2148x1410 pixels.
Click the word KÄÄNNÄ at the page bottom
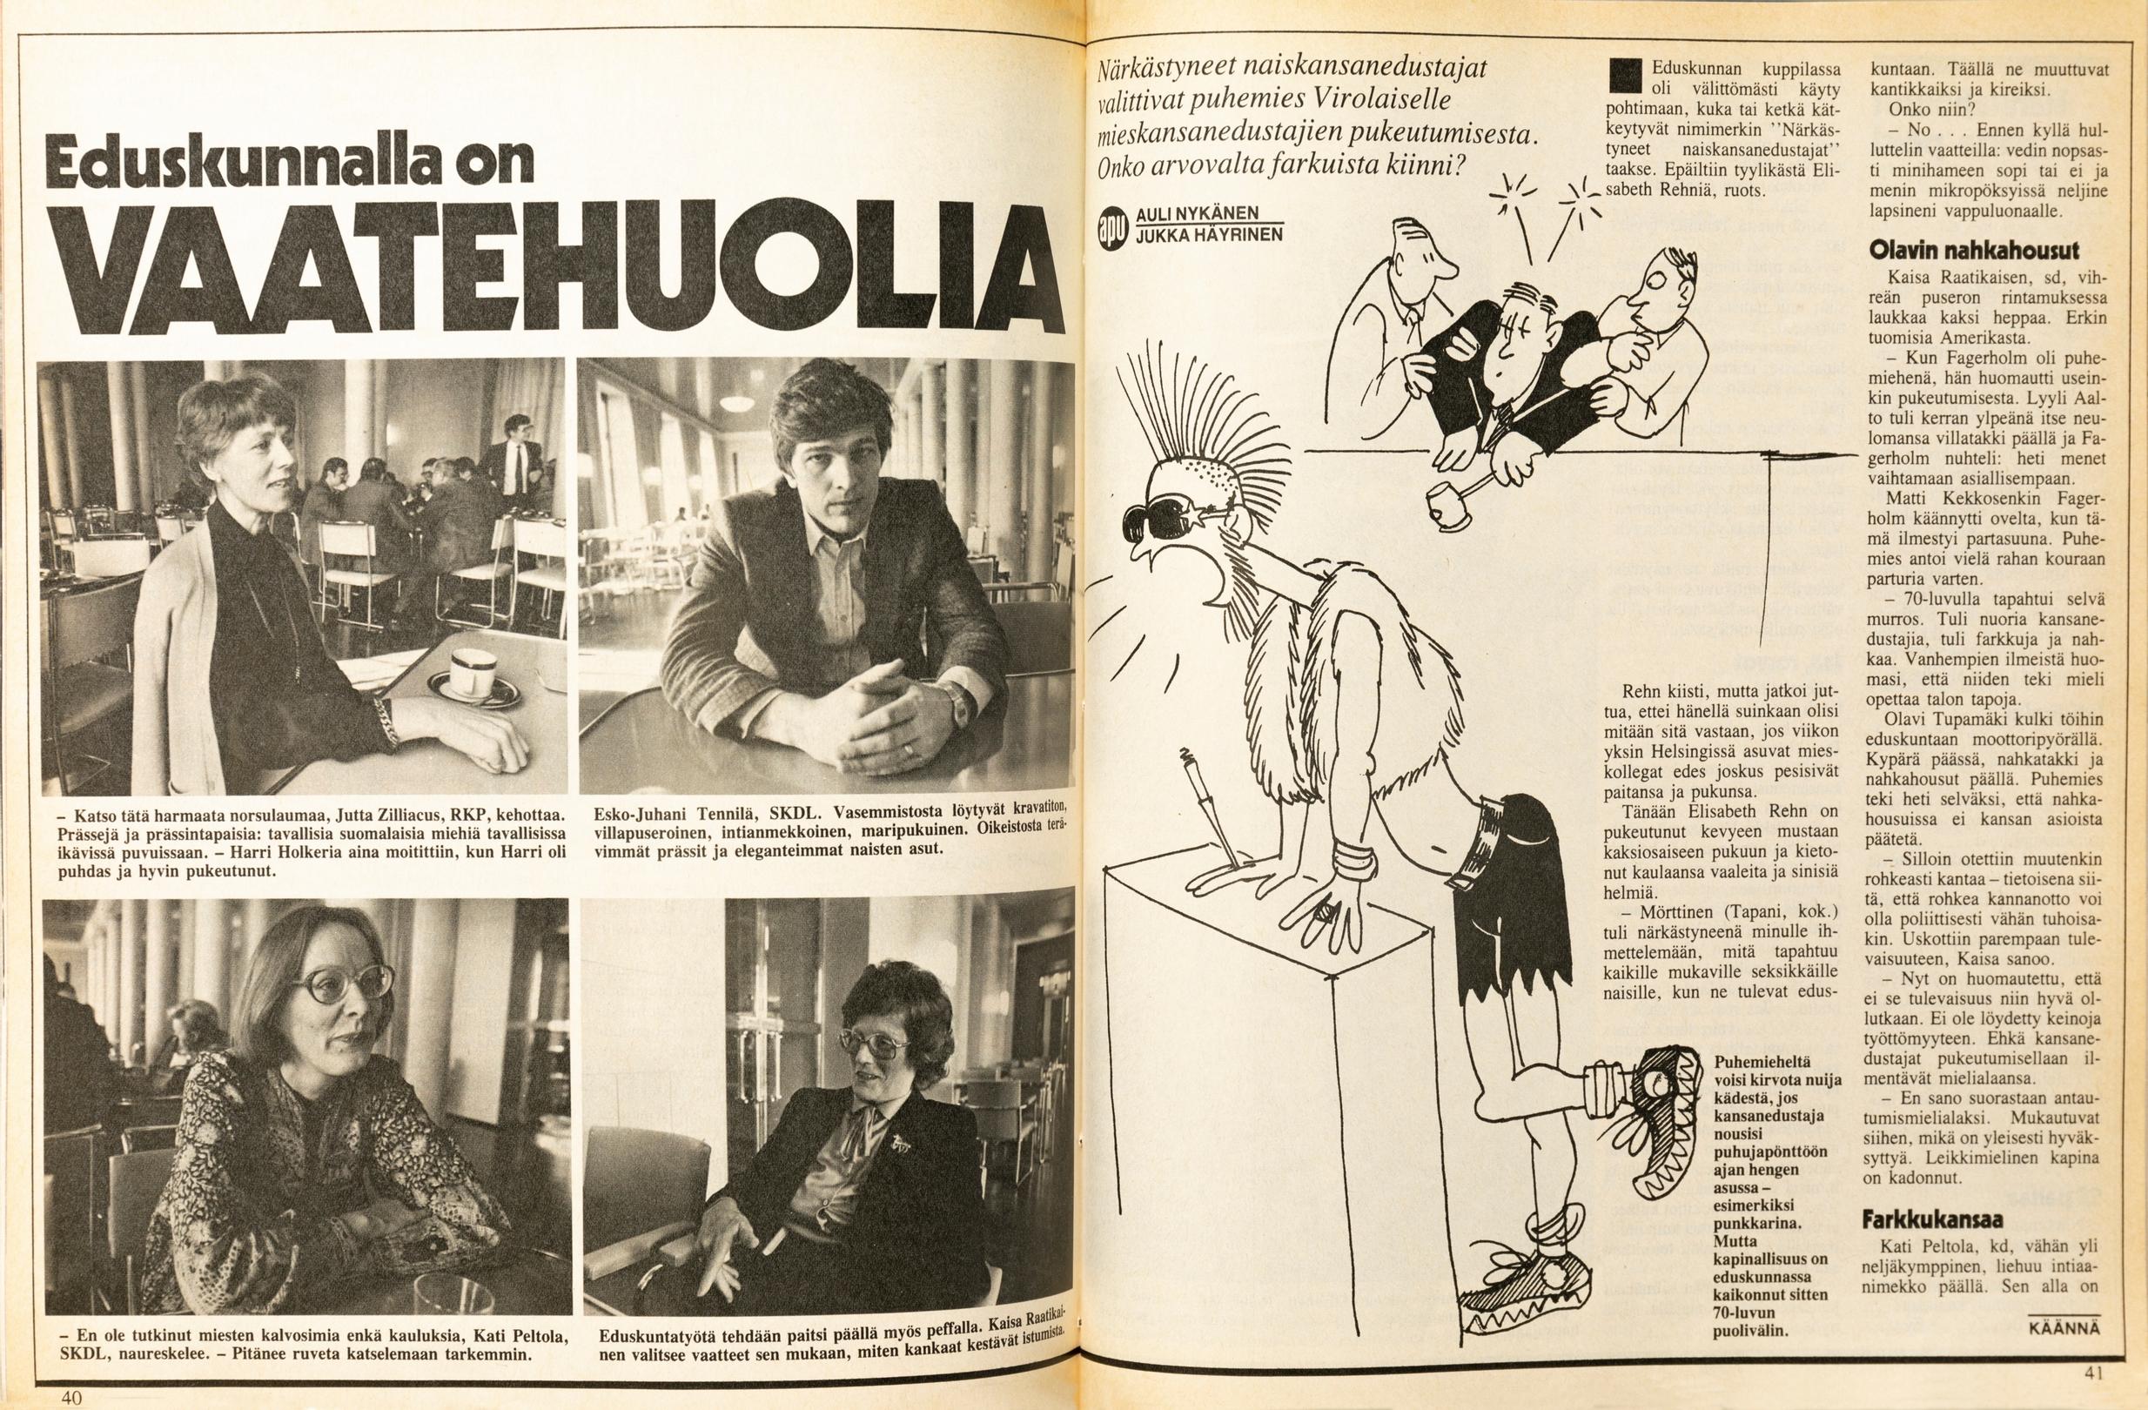click(2064, 1327)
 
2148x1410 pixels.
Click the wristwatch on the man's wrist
click(956, 700)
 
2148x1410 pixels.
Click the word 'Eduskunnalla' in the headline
click(292, 162)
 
